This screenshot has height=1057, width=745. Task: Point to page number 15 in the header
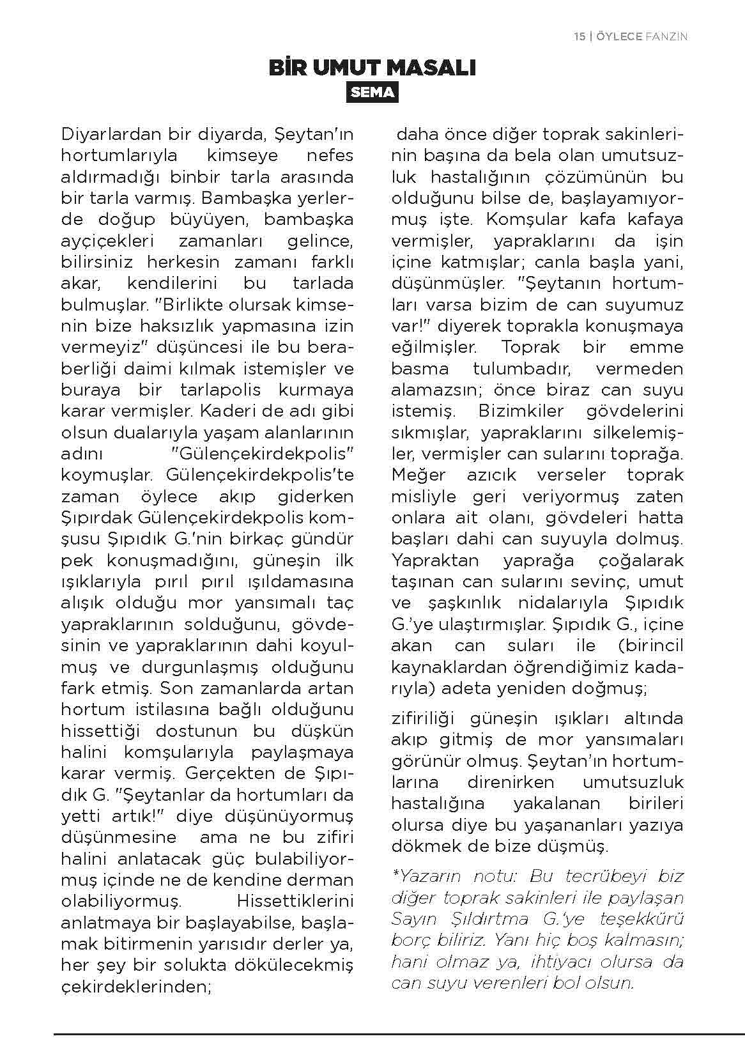[580, 37]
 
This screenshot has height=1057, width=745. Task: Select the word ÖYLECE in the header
[618, 37]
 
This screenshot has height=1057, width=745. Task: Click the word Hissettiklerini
[295, 901]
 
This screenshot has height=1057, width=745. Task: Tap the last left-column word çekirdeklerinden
[135, 986]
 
